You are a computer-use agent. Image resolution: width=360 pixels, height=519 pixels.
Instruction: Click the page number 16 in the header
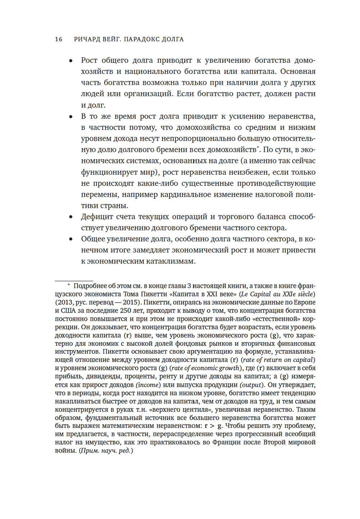[x=59, y=39]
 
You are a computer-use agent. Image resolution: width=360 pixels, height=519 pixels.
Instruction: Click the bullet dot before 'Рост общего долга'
[x=71, y=61]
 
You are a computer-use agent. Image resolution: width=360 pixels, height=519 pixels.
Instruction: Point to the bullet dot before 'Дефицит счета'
[x=71, y=217]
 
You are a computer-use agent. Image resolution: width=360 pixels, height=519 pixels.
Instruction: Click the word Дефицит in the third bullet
[x=97, y=217]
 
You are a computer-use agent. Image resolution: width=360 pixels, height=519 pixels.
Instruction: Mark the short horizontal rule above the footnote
[x=74, y=281]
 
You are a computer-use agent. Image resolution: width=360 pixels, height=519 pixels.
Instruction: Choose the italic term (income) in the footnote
[x=148, y=385]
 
